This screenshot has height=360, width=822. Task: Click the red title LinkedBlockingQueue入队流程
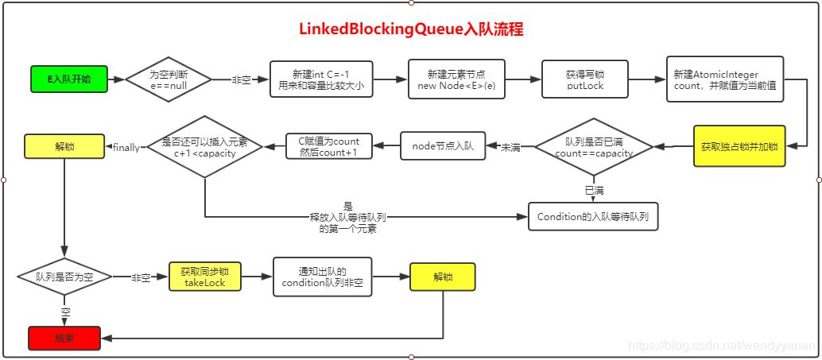pyautogui.click(x=411, y=29)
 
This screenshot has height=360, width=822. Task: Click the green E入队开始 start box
pyautogui.click(x=68, y=79)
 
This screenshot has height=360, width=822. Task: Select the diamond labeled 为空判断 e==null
pyautogui.click(x=168, y=79)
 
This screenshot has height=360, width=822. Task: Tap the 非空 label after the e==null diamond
pyautogui.click(x=241, y=80)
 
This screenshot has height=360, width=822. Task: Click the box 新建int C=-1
pyautogui.click(x=321, y=79)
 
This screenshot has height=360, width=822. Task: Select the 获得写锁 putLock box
pyautogui.click(x=585, y=79)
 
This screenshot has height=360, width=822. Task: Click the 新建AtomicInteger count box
pyautogui.click(x=725, y=79)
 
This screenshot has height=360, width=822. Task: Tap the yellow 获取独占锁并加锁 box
pyautogui.click(x=739, y=146)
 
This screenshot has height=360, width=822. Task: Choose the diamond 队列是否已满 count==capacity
pyautogui.click(x=594, y=147)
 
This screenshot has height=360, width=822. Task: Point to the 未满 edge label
pyautogui.click(x=510, y=148)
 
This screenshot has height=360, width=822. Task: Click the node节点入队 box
pyautogui.click(x=442, y=146)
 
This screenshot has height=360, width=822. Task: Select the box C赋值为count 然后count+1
pyautogui.click(x=328, y=146)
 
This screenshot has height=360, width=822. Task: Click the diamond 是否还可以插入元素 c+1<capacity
pyautogui.click(x=204, y=147)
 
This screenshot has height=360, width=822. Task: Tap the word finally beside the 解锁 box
pyautogui.click(x=126, y=147)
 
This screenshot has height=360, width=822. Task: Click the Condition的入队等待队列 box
pyautogui.click(x=593, y=216)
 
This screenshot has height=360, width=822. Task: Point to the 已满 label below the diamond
pyautogui.click(x=594, y=191)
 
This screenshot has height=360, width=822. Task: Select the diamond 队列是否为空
pyautogui.click(x=64, y=277)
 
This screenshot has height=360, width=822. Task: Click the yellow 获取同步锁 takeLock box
pyautogui.click(x=204, y=277)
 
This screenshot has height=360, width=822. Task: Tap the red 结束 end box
pyautogui.click(x=64, y=339)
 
